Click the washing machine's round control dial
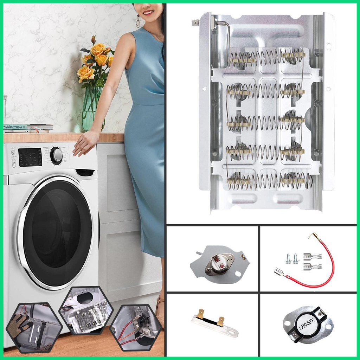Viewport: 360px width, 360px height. pyautogui.click(x=56, y=155)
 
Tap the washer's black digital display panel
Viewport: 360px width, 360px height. pyautogui.click(x=30, y=157)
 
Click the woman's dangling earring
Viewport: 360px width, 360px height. pyautogui.click(x=138, y=22)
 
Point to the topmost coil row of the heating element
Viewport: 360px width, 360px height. pyautogui.click(x=266, y=56)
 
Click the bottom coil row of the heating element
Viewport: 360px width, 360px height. pyautogui.click(x=269, y=181)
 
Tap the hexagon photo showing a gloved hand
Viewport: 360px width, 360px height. pyautogui.click(x=34, y=327)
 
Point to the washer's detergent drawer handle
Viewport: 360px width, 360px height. pyautogui.click(x=85, y=172)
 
